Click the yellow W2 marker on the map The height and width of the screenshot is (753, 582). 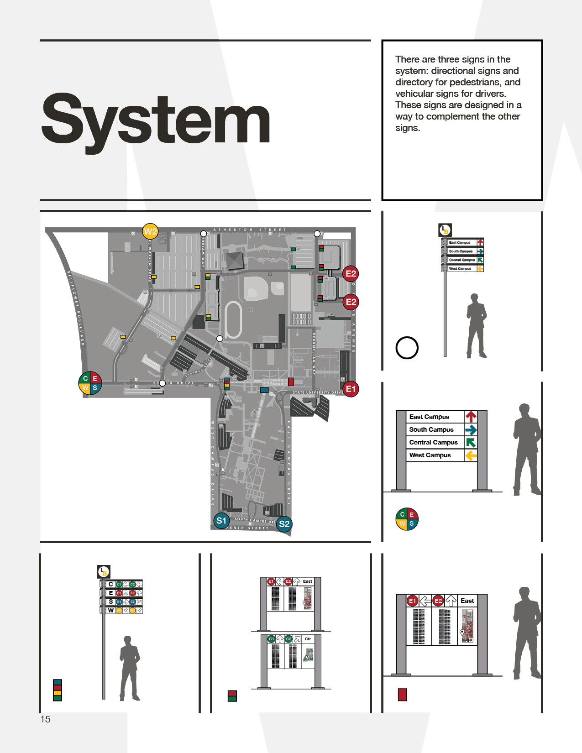[x=150, y=231]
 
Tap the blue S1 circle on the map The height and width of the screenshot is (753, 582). [x=221, y=521]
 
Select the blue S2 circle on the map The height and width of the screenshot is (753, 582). [x=284, y=524]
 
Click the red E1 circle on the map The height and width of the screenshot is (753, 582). [x=351, y=389]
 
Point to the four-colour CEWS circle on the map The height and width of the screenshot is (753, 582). [x=90, y=383]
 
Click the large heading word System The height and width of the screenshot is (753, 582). [x=156, y=120]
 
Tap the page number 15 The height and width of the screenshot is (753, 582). [x=45, y=719]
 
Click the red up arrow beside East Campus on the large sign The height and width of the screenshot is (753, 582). [x=471, y=416]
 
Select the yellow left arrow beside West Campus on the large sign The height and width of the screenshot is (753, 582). [x=471, y=455]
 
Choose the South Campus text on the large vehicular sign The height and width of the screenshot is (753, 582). [x=431, y=429]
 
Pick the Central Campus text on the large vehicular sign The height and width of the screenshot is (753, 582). [x=433, y=442]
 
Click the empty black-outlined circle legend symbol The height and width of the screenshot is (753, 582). [x=407, y=348]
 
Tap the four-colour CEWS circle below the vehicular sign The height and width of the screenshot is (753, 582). [x=407, y=519]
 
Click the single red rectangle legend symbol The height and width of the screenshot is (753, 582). [x=402, y=695]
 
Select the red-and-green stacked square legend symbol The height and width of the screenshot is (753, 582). [x=232, y=696]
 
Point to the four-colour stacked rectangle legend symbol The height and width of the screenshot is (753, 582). [x=58, y=690]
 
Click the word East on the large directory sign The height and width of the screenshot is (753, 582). [x=467, y=601]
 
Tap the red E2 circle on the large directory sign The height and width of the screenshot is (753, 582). [x=438, y=601]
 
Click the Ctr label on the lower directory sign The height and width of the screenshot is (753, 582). [x=308, y=639]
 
